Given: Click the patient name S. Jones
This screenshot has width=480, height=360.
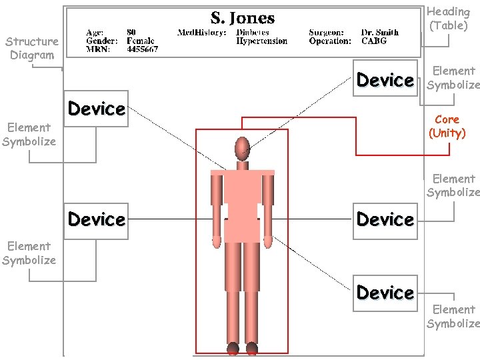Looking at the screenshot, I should point(243,18).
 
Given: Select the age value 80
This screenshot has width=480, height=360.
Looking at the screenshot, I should point(131,32).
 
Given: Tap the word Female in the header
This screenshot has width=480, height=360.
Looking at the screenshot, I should point(141,41).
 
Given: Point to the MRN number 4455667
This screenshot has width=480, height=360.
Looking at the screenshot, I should point(142,49).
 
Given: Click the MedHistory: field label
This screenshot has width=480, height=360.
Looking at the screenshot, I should point(202,32).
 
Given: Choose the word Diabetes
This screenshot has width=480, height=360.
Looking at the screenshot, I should point(253,32).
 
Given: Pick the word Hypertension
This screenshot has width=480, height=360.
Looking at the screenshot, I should point(262,41).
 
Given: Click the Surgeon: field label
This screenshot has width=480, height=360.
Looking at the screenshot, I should point(327,32).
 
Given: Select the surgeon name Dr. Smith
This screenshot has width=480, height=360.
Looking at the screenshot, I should point(380,32).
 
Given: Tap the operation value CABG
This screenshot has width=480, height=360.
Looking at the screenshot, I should point(374,41).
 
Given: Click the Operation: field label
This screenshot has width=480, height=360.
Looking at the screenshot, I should point(330,41).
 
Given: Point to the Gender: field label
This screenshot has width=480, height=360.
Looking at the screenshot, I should point(103,41).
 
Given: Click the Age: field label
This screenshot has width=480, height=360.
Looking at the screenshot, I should point(95,32).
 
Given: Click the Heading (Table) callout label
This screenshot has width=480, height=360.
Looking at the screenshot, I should point(448,19).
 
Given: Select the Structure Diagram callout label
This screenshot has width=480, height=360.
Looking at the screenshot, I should point(32,48).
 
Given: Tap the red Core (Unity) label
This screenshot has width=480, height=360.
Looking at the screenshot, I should point(447,126).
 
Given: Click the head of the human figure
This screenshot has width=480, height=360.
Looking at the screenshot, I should point(242,147).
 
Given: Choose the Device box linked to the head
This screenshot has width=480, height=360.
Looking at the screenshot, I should point(385,81).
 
